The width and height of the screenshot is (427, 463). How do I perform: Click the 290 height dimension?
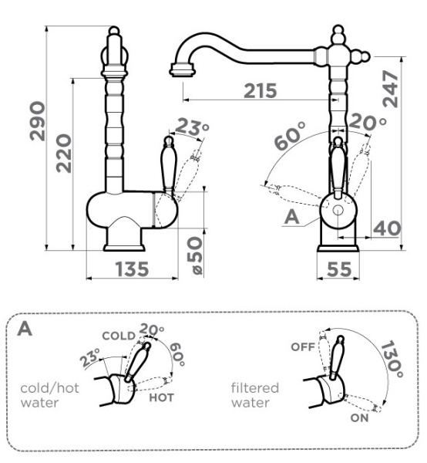[x=38, y=121]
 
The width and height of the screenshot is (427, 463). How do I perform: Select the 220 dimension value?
[x=64, y=154]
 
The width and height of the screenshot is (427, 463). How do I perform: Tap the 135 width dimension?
[x=132, y=269]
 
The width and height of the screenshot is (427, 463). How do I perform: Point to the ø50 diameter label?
[x=195, y=255]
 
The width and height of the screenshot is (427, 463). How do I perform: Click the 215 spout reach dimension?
[x=261, y=90]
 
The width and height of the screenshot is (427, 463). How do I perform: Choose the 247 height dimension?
[x=391, y=89]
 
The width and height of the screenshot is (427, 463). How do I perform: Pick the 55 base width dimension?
[x=339, y=269]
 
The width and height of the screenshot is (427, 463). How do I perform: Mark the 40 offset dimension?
[x=387, y=228]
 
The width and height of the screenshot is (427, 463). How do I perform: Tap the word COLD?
[x=119, y=336]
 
